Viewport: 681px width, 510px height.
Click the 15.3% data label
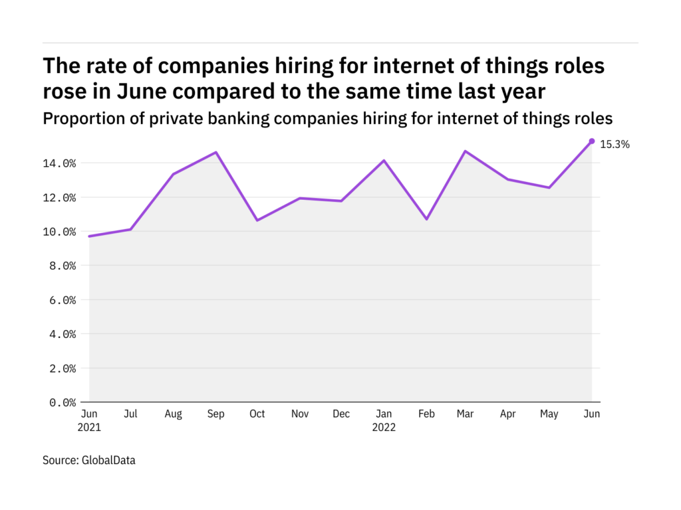614,144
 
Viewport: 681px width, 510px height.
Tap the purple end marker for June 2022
591,141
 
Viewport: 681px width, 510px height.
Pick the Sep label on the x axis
215,414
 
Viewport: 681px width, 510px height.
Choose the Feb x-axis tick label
426,414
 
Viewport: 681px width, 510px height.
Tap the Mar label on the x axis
466,414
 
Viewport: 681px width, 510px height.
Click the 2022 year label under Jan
383,428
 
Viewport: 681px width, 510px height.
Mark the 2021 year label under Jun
88,428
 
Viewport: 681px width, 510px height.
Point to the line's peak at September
215,153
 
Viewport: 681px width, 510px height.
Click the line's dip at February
426,219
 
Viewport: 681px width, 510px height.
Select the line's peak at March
466,151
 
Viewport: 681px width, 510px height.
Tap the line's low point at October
257,220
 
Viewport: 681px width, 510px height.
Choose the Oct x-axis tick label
257,414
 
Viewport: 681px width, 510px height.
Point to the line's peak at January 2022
384,161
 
